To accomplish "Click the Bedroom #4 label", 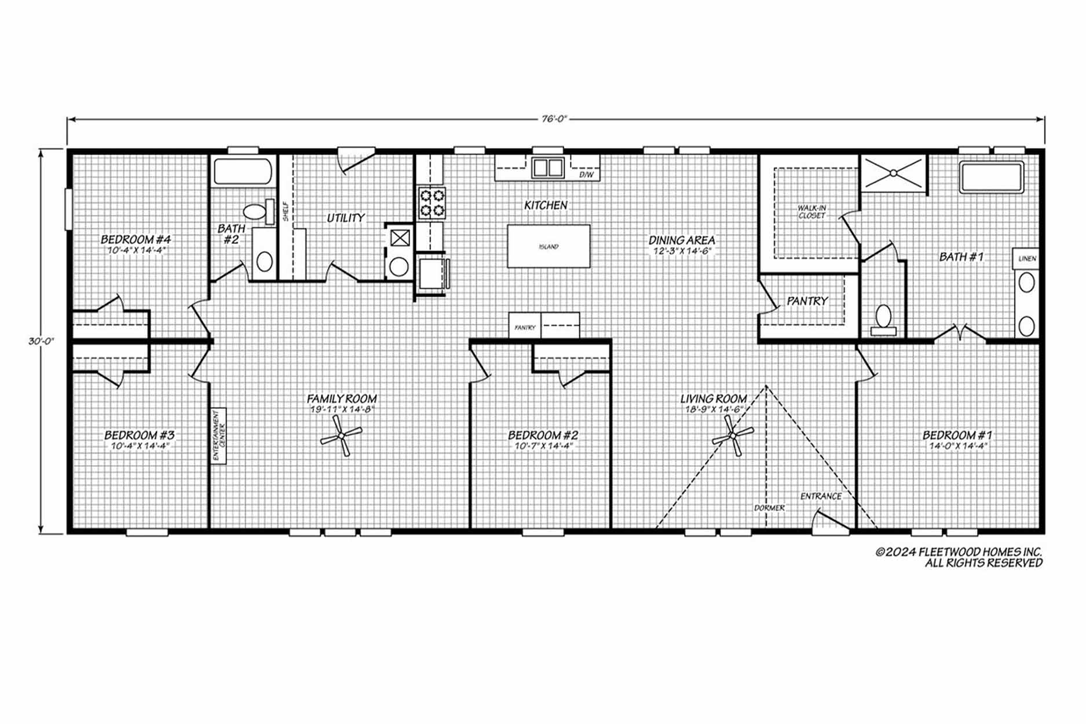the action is [x=136, y=239].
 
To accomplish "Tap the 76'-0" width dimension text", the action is [x=554, y=119].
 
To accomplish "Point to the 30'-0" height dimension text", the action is [x=41, y=341].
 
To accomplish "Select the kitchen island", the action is [x=549, y=246].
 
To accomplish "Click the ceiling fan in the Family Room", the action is [x=342, y=436].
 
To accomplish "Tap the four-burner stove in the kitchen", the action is [x=432, y=202].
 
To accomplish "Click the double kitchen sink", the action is [x=548, y=167].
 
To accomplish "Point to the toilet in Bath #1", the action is [x=883, y=320].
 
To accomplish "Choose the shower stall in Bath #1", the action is [x=894, y=173].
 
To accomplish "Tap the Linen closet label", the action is [x=1027, y=259].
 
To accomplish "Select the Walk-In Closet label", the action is [x=811, y=211].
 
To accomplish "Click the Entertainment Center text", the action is [x=218, y=436].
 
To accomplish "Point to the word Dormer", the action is [x=769, y=508].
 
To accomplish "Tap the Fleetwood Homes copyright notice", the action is [x=959, y=557].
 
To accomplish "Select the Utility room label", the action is [x=346, y=218].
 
